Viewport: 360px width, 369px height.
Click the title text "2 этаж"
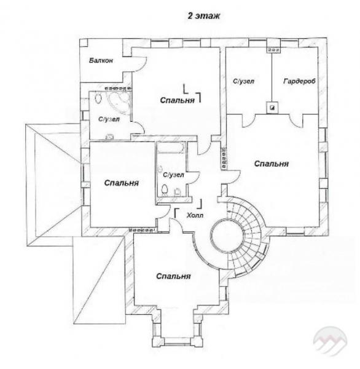click(203, 16)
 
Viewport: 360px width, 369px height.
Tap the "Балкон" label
click(101, 60)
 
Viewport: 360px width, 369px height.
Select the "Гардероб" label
click(299, 81)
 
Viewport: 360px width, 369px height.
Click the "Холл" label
click(195, 215)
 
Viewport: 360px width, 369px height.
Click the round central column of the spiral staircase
click(227, 236)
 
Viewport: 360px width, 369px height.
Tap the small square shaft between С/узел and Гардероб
click(272, 108)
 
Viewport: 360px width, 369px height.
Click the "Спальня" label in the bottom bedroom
click(173, 276)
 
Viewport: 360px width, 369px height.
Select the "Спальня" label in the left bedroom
click(122, 183)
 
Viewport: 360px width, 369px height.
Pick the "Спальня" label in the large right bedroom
click(272, 164)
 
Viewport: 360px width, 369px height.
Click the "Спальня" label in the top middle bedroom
click(178, 100)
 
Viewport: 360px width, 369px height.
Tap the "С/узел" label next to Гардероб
click(243, 81)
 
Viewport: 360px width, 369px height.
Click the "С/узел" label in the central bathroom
click(173, 175)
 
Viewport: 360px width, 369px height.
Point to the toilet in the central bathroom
click(165, 189)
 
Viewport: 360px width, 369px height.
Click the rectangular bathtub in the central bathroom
click(171, 148)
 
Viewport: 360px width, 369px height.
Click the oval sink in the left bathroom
click(98, 98)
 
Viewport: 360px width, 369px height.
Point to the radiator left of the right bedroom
click(224, 157)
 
